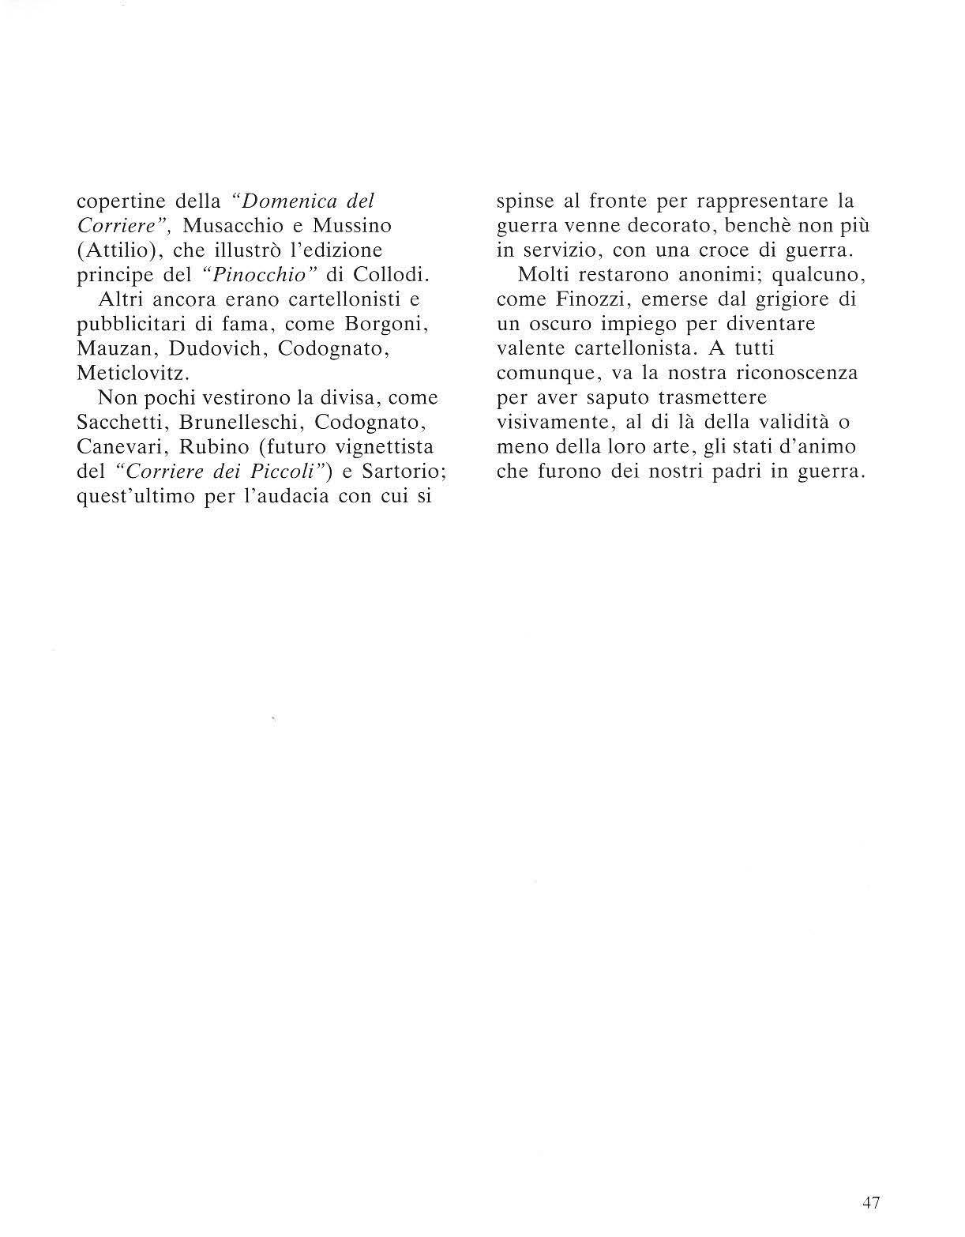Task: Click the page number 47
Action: [871, 1203]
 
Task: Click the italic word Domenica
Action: [288, 201]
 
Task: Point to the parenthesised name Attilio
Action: [116, 250]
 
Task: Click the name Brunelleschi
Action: [241, 423]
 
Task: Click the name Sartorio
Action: [402, 472]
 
